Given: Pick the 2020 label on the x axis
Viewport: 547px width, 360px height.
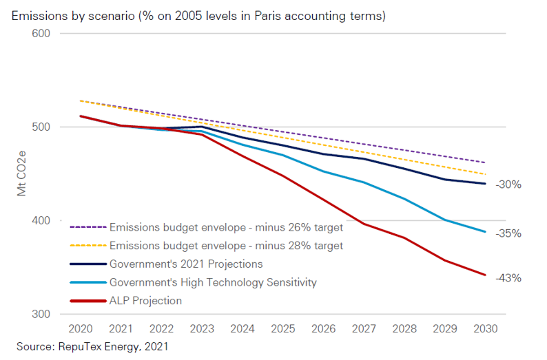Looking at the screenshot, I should point(81,329).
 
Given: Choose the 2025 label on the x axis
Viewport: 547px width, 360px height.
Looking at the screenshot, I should point(282,329).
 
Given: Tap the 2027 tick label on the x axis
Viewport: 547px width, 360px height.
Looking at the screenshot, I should point(364,329).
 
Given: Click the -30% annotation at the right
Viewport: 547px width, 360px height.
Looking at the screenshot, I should point(509,184).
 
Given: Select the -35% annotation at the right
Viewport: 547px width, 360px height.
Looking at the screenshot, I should point(509,233).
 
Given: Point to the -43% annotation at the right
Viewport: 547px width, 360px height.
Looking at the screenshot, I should point(509,278).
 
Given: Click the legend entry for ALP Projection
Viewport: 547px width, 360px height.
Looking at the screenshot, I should point(145,301).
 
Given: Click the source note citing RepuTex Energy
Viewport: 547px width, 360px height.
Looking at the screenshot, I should point(92,348).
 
